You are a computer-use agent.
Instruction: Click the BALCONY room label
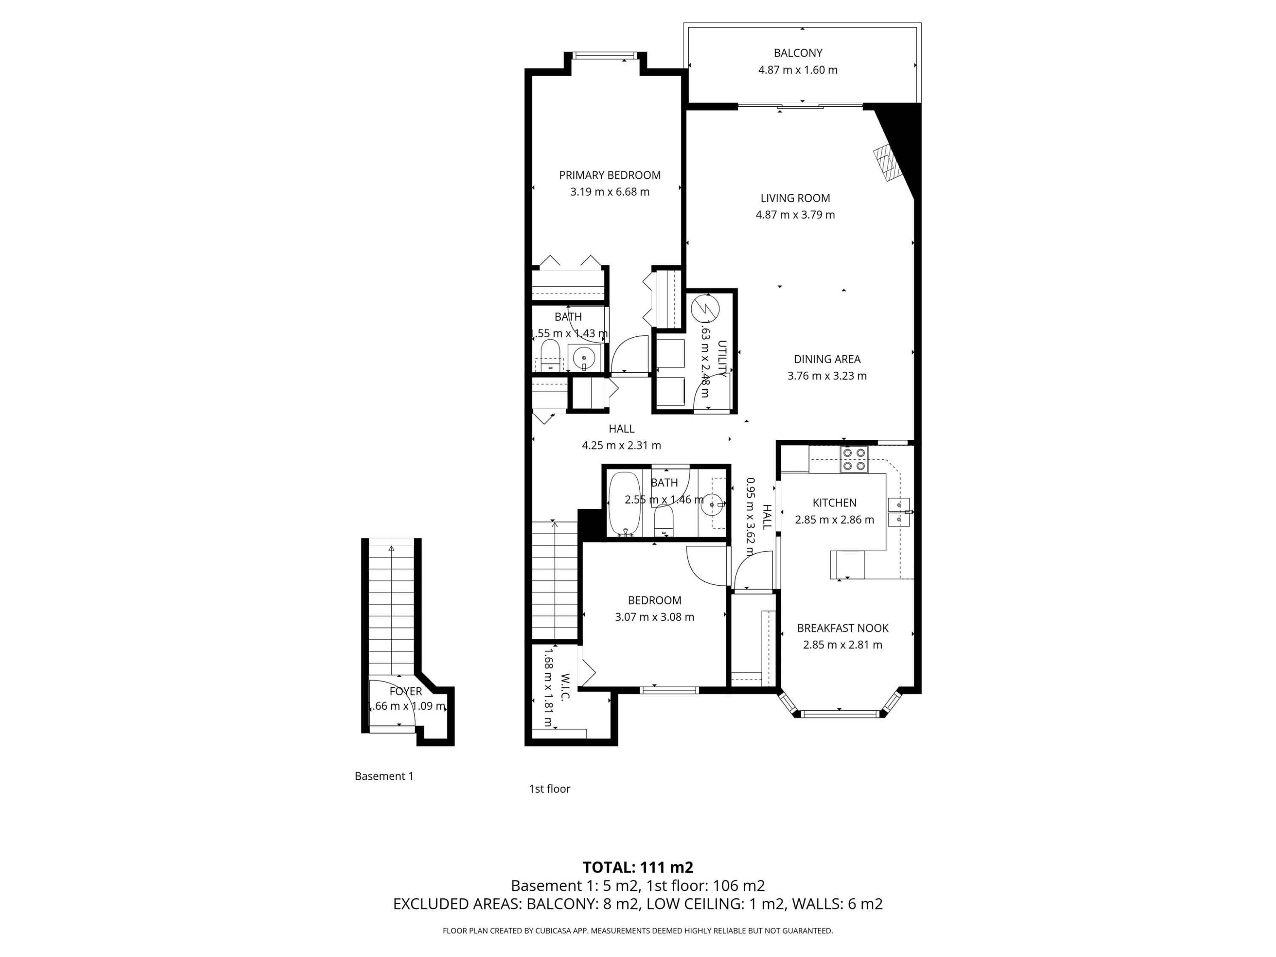point(798,53)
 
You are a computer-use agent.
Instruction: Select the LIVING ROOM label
point(795,198)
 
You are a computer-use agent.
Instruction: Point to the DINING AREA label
point(826,359)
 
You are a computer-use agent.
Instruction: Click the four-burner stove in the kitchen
point(854,459)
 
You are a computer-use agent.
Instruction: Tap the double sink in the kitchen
point(899,512)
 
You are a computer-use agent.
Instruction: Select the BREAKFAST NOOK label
point(842,628)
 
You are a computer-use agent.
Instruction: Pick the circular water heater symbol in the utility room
point(705,309)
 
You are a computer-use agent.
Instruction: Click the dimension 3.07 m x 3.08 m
point(654,617)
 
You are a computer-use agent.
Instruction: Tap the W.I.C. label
point(565,686)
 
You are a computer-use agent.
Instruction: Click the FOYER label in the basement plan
point(405,691)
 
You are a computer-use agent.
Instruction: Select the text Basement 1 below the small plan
point(384,776)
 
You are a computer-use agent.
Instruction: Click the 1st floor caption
point(549,789)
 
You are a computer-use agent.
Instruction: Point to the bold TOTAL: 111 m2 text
point(638,867)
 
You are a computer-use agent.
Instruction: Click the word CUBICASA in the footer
point(554,931)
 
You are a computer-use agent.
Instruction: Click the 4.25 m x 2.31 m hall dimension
point(621,445)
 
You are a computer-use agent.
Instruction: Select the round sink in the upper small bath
point(584,358)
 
